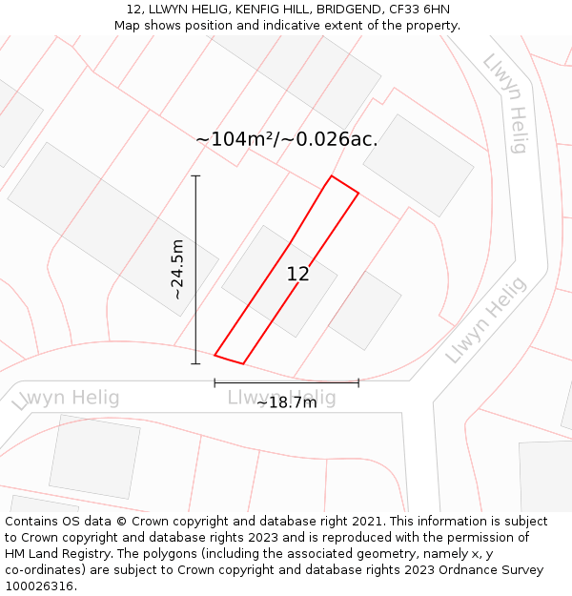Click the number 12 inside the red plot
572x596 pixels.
coord(297,275)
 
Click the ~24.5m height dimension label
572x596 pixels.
coord(177,270)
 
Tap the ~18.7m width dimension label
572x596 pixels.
coord(286,403)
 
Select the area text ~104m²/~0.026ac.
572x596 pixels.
coord(287,139)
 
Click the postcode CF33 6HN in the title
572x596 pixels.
coord(419,10)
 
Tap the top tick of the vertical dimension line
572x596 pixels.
coord(195,176)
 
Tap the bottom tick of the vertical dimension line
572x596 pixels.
coord(195,363)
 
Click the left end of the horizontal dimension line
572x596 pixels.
coord(214,382)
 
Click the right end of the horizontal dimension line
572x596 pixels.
coord(358,382)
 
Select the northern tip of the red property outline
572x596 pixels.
coord(332,176)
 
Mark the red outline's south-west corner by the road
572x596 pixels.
coord(214,356)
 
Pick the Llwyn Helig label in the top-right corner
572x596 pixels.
coord(505,103)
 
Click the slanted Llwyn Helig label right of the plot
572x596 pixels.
coord(485,320)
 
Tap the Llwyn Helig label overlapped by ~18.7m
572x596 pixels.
coord(282,396)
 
